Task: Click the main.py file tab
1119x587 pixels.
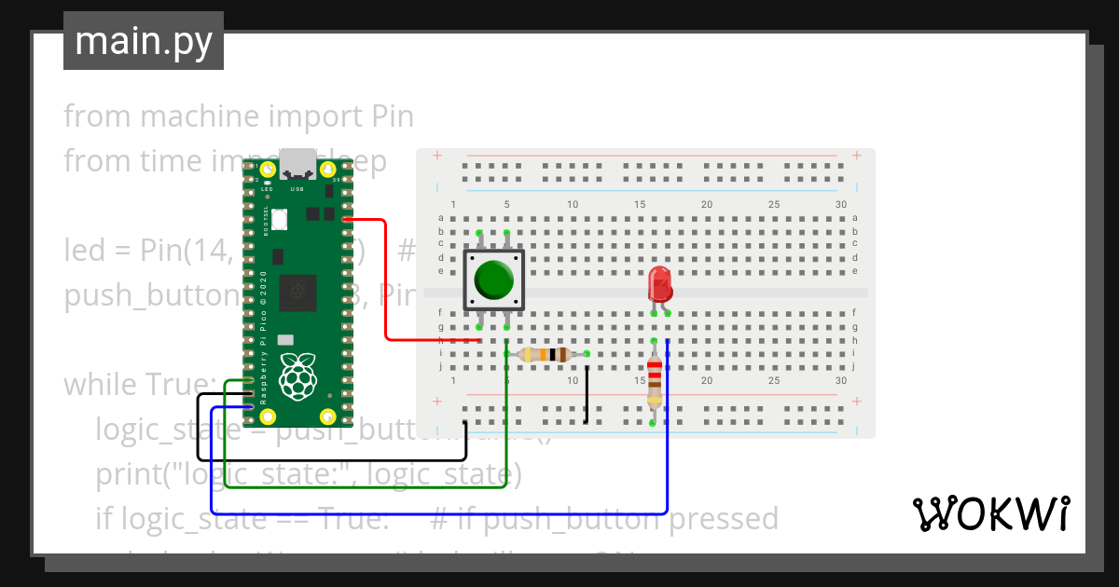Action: click(143, 41)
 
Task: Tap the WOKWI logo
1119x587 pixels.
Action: click(989, 513)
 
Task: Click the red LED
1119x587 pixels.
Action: click(659, 282)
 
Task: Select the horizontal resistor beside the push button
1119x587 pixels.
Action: click(546, 354)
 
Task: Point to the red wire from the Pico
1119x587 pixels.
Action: click(385, 280)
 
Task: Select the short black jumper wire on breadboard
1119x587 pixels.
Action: click(587, 394)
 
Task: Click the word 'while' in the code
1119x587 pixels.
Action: click(101, 385)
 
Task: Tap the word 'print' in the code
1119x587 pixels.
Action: click(129, 474)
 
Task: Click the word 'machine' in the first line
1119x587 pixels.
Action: click(200, 116)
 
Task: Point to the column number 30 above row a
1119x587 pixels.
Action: click(841, 205)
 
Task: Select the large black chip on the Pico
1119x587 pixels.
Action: click(299, 292)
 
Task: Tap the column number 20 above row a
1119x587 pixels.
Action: click(707, 205)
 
